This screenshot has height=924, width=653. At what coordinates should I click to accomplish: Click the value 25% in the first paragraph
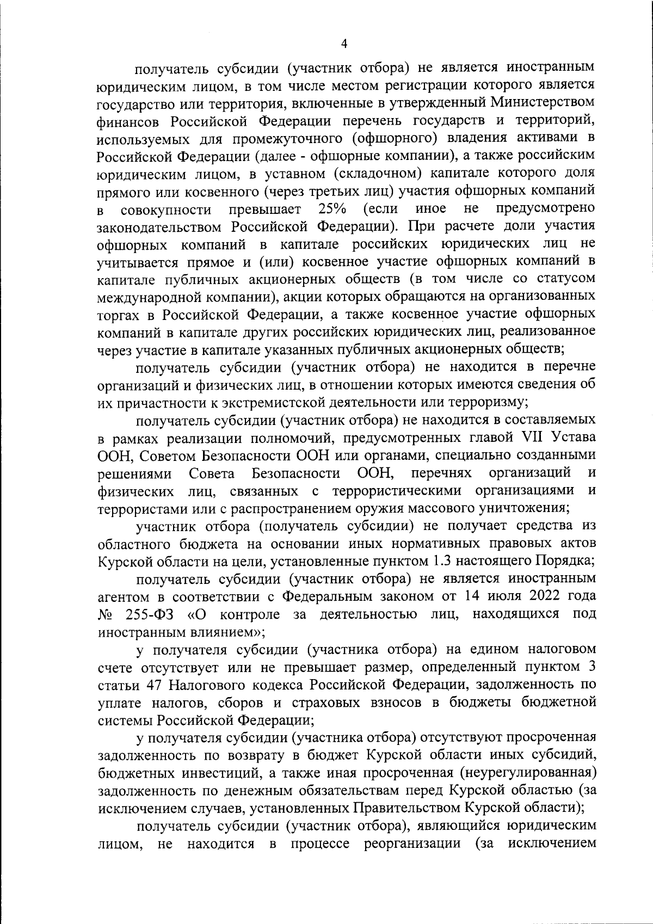(x=332, y=208)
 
